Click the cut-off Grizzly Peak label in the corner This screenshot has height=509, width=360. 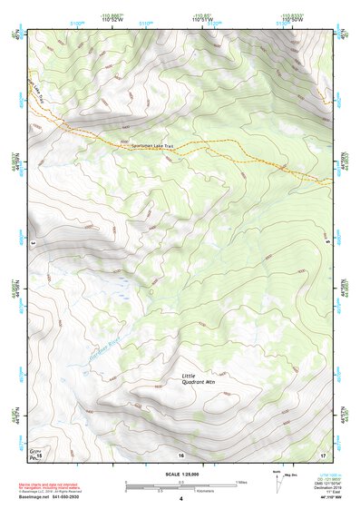pyautogui.click(x=35, y=451)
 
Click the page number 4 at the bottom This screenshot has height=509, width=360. pyautogui.click(x=180, y=499)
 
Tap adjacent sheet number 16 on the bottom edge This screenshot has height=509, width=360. pyautogui.click(x=180, y=455)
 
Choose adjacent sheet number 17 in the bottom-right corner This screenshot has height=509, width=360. pyautogui.click(x=323, y=455)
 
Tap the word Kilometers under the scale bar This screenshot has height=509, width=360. pyautogui.click(x=188, y=491)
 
